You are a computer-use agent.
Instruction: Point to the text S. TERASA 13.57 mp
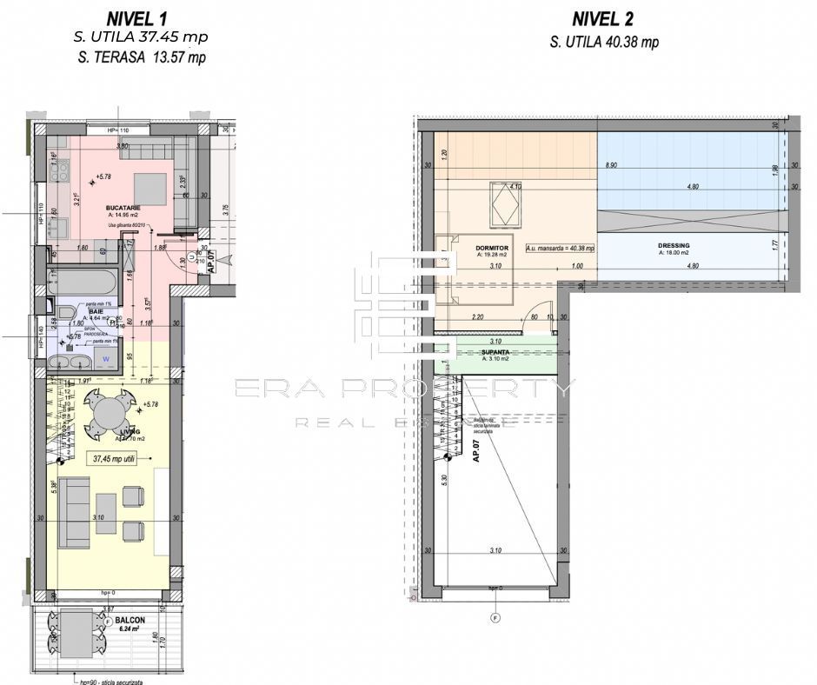point(141,57)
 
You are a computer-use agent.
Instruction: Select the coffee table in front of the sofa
point(106,513)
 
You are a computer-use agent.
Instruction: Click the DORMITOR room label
point(492,248)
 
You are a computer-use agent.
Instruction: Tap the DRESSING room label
point(673,246)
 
